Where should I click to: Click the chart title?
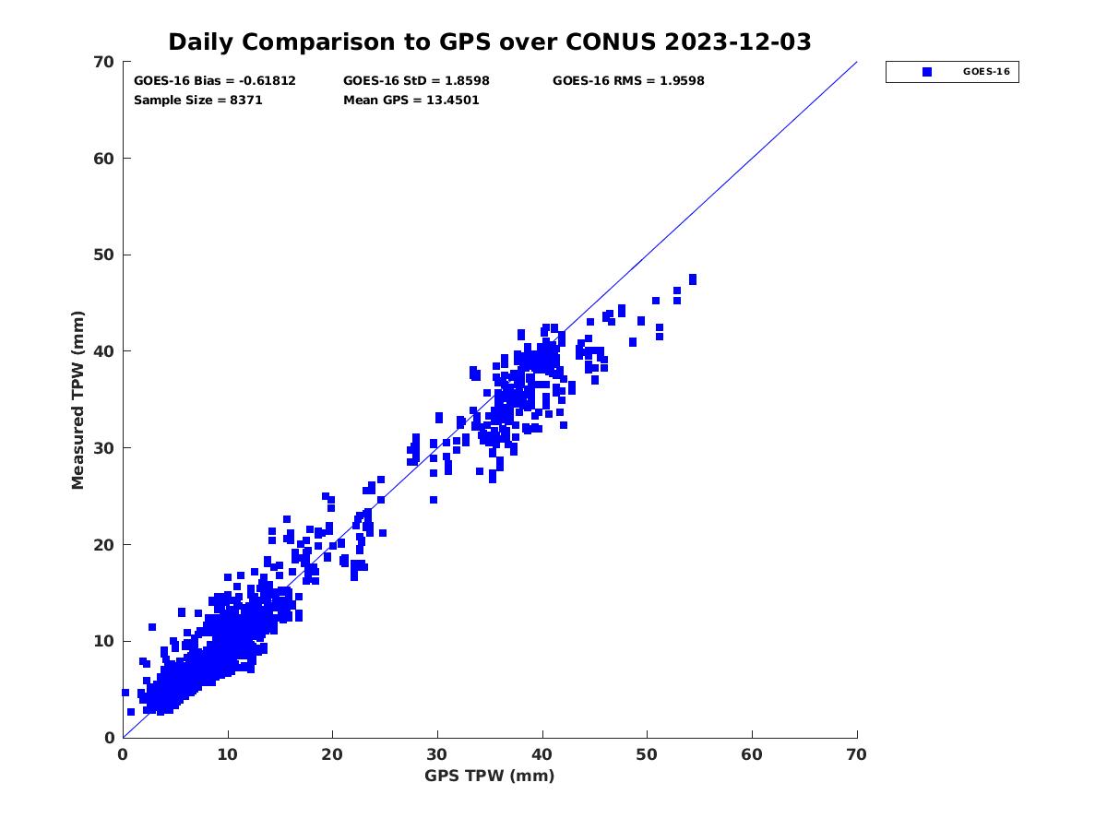pyautogui.click(x=489, y=42)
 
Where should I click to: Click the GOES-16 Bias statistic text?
pyautogui.click(x=215, y=81)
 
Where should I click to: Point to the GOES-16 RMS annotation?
pyautogui.click(x=628, y=81)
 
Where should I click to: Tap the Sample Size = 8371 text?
pyautogui.click(x=198, y=101)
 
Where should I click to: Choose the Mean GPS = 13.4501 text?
pyautogui.click(x=411, y=101)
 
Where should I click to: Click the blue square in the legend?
pyautogui.click(x=927, y=72)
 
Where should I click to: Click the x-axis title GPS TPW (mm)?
pyautogui.click(x=490, y=776)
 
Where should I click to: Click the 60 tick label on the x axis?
pyautogui.click(x=753, y=754)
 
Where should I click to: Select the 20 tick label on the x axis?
pyautogui.click(x=333, y=754)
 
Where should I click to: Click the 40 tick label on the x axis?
pyautogui.click(x=542, y=754)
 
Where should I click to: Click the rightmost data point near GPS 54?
pyautogui.click(x=693, y=279)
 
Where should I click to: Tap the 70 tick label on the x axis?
pyautogui.click(x=857, y=754)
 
